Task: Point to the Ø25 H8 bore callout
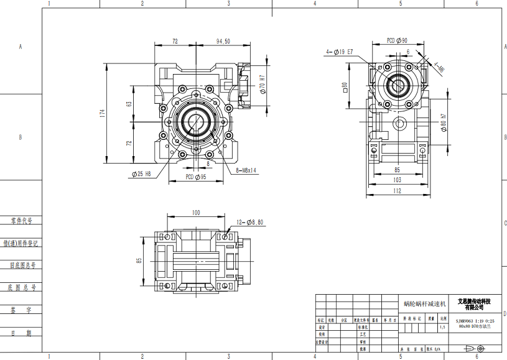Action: coord(141,174)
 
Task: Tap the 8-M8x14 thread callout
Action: coord(246,168)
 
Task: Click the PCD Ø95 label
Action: coord(196,177)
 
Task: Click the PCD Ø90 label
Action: coord(397,40)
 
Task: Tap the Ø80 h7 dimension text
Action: coord(444,123)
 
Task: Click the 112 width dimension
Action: coord(397,192)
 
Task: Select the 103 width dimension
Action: coord(397,180)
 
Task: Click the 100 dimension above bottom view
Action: coord(196,213)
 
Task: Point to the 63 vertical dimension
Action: coord(129,104)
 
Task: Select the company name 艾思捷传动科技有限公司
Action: coord(475,304)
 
